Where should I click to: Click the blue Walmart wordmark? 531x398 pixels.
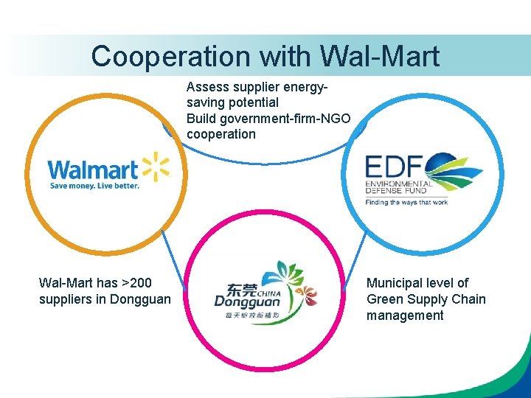point(93,170)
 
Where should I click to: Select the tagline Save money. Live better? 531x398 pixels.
point(94,186)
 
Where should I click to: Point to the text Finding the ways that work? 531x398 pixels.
point(406,202)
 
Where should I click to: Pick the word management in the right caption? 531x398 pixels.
point(405,315)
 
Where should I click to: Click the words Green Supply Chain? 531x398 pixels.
point(426,299)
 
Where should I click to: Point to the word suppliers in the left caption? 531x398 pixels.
point(66,299)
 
